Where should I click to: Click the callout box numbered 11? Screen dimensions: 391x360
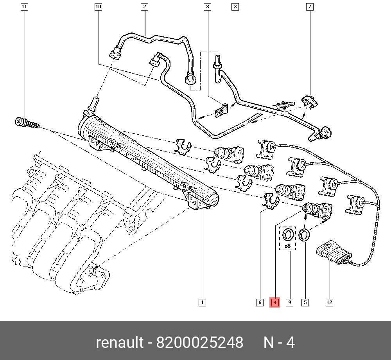[x=24, y=7]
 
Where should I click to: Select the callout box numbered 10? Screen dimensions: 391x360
[x=99, y=7]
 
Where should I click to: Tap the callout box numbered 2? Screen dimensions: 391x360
[x=144, y=7]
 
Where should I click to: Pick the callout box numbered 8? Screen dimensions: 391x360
[x=208, y=7]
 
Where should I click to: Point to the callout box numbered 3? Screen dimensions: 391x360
[x=235, y=7]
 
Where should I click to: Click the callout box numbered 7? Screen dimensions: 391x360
[x=310, y=7]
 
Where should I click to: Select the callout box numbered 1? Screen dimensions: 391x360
[x=202, y=302]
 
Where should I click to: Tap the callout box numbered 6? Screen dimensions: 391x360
[x=260, y=302]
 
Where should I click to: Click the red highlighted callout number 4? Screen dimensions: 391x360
[x=275, y=302]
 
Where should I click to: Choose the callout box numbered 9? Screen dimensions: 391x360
[x=289, y=302]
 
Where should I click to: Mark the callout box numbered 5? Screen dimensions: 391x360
[x=305, y=302]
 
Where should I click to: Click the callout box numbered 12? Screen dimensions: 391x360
[x=329, y=302]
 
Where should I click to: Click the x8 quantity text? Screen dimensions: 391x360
[x=288, y=246]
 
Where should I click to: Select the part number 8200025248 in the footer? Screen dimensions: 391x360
[x=199, y=342]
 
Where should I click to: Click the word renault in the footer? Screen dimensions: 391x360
[x=120, y=342]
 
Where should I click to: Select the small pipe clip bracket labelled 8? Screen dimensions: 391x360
[x=221, y=110]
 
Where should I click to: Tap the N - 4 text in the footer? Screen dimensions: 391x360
[x=279, y=342]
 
